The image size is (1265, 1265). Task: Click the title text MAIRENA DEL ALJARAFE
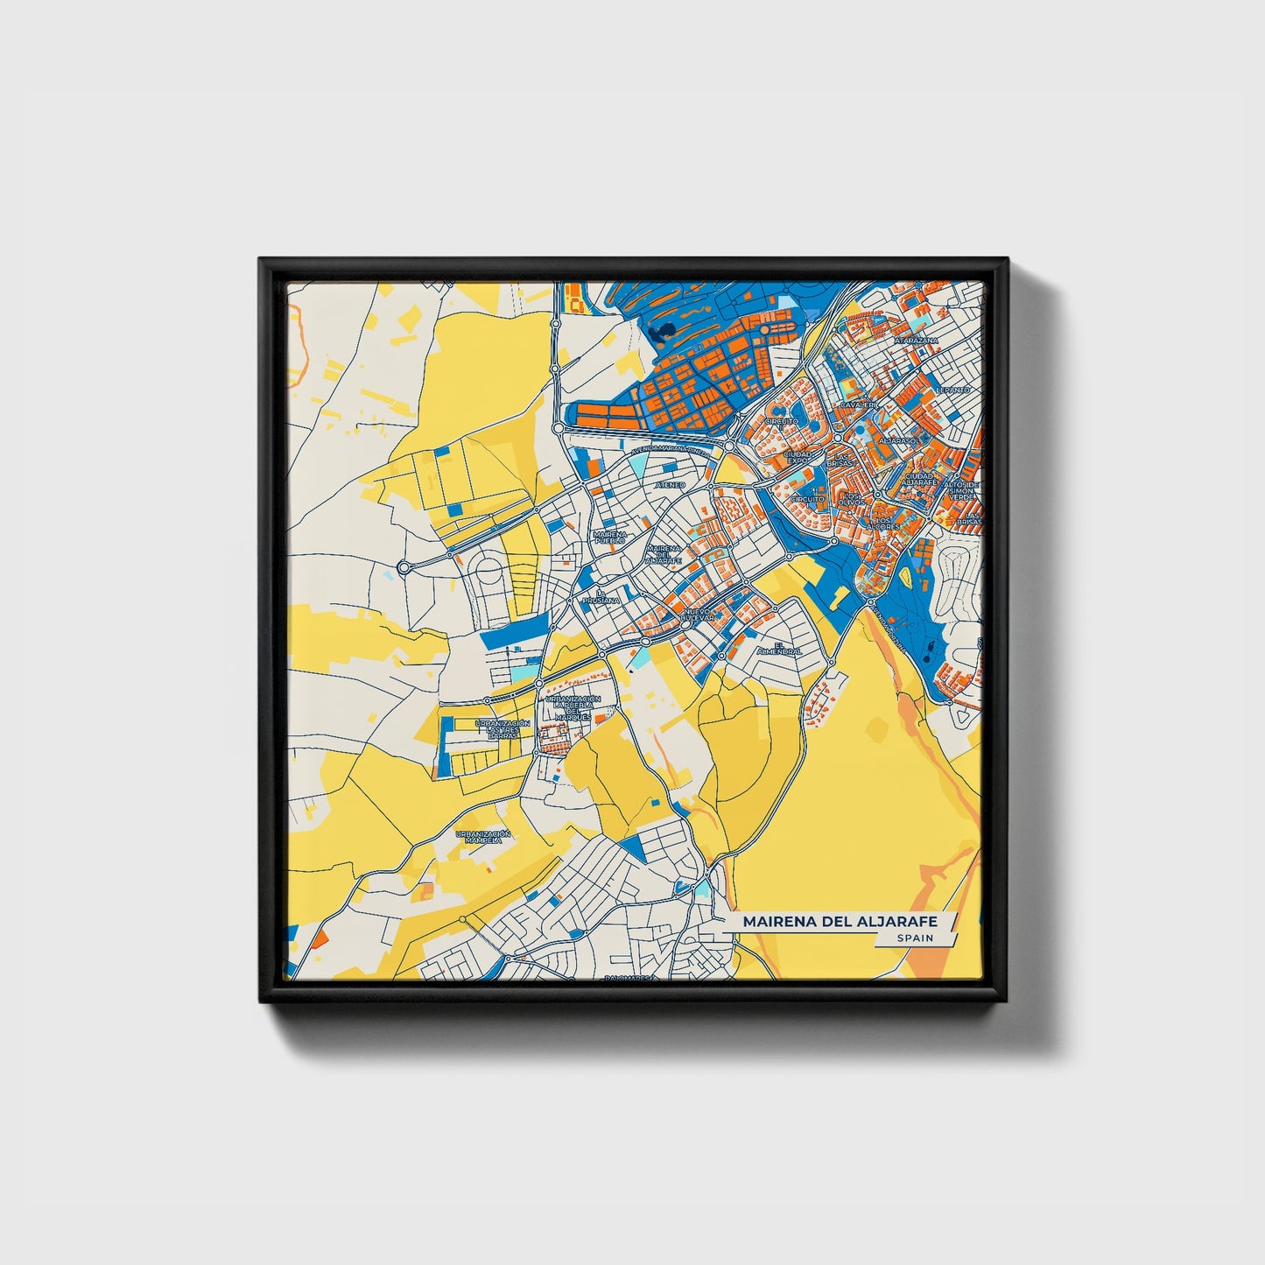click(839, 921)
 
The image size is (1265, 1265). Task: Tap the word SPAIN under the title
click(915, 938)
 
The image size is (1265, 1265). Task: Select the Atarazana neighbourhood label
click(916, 340)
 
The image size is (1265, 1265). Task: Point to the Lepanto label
click(952, 389)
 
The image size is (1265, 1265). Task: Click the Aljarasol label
click(898, 440)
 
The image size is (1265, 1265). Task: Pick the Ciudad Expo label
click(798, 457)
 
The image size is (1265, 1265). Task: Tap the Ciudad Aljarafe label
click(920, 479)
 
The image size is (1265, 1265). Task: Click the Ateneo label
click(671, 484)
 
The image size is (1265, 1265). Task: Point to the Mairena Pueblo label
click(609, 537)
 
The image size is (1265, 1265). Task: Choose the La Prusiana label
click(601, 598)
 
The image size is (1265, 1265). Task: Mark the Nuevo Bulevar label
click(698, 615)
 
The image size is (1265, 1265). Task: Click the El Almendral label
click(780, 650)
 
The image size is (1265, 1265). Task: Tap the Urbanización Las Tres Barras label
click(502, 728)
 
